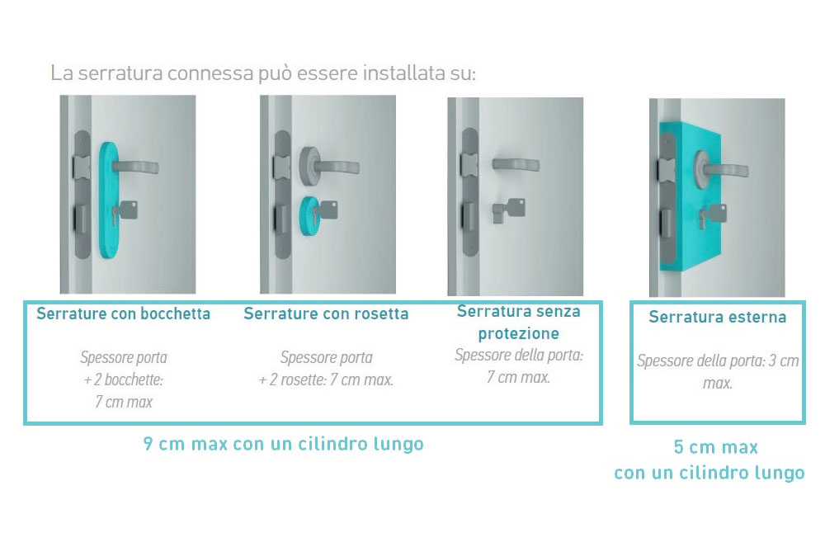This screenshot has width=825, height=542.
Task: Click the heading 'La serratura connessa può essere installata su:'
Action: click(263, 73)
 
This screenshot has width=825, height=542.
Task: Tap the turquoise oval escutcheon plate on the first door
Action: click(108, 200)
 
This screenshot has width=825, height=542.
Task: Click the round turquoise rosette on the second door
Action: click(309, 215)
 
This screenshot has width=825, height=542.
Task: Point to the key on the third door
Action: click(508, 210)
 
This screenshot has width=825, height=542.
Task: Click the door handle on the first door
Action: click(134, 167)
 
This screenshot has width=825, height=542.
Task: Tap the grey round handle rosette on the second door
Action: click(310, 165)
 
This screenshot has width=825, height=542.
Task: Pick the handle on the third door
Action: click(516, 164)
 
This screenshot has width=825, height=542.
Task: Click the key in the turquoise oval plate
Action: click(125, 211)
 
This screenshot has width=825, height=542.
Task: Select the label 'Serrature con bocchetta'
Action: click(123, 313)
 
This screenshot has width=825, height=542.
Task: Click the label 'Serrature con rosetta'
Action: click(326, 313)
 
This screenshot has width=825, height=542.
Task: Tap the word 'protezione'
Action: click(518, 333)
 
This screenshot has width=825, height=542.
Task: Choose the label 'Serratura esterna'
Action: click(718, 317)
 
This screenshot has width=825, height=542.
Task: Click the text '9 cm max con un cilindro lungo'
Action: click(283, 444)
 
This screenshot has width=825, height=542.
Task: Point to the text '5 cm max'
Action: click(716, 447)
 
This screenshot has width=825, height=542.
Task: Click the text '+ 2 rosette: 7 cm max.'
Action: click(326, 379)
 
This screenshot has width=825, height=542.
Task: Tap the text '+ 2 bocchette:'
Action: click(124, 379)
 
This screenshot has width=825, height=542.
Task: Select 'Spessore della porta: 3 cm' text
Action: click(718, 361)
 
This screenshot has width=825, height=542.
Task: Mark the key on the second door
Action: click(325, 210)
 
